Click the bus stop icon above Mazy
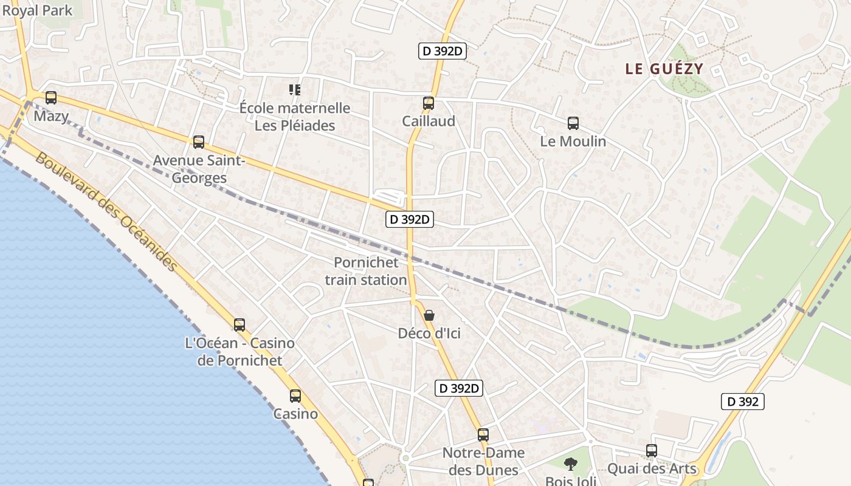[x=51, y=98]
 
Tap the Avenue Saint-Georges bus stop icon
[x=199, y=142]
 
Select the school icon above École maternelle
[x=295, y=91]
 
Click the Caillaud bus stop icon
[x=429, y=103]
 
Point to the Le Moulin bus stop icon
[x=573, y=123]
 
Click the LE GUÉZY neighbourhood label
[x=664, y=69]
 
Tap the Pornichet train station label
[x=366, y=271]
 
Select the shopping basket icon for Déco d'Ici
[x=429, y=315]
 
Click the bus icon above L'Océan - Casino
[x=239, y=325]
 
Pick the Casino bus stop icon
[x=295, y=396]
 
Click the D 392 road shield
[x=742, y=402]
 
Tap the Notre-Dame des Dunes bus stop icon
[x=483, y=435]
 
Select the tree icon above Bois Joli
[x=570, y=464]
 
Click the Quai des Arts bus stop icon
[x=652, y=451]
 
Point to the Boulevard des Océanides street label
[x=106, y=212]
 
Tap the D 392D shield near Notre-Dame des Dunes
[x=459, y=388]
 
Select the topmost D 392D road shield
[x=443, y=51]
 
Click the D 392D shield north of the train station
[x=410, y=219]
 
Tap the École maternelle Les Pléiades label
[x=295, y=117]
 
